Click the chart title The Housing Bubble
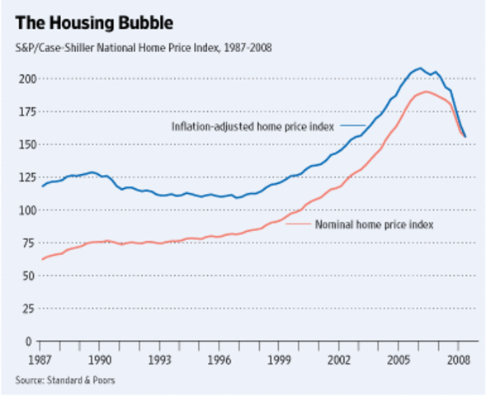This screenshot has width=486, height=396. [93, 16]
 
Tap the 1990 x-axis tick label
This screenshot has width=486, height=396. [101, 361]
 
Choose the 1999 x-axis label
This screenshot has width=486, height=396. [281, 361]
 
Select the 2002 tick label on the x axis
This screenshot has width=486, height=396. [341, 361]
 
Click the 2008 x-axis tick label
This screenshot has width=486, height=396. [459, 361]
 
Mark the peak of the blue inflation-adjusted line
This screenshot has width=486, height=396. [420, 68]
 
